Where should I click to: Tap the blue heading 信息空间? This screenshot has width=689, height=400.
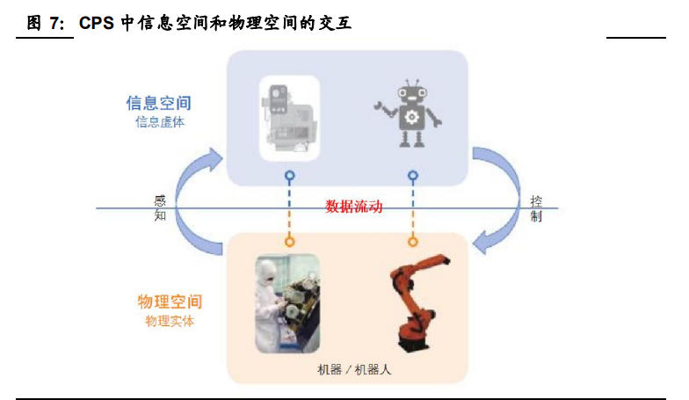[x=159, y=103]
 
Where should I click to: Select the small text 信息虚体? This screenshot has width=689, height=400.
[x=159, y=122]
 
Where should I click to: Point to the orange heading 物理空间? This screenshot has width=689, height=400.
[x=170, y=302]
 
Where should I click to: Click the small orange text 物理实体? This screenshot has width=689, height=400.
[x=170, y=321]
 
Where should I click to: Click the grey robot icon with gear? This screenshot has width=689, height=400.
[x=410, y=114]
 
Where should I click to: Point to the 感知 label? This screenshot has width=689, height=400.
[x=160, y=208]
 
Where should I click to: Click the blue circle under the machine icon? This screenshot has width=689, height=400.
[x=289, y=175]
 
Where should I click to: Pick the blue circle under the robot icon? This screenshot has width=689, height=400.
[x=412, y=175]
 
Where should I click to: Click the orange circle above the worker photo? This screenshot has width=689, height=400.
[x=289, y=241]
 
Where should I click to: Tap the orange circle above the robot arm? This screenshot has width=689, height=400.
[x=412, y=241]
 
